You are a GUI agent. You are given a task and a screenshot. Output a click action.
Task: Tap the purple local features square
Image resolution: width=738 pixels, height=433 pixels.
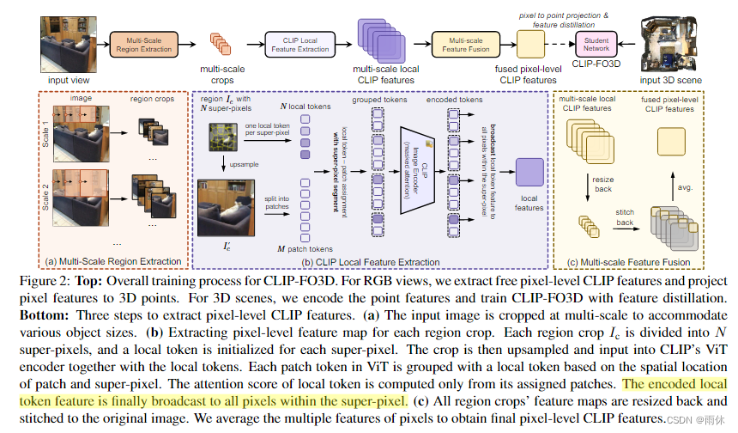tap(529, 173)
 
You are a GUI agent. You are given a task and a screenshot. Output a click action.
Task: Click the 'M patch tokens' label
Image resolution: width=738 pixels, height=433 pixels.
tap(305, 249)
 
